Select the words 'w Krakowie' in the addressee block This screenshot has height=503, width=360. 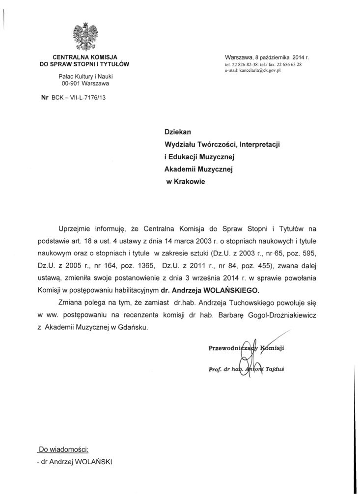coord(186,181)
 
